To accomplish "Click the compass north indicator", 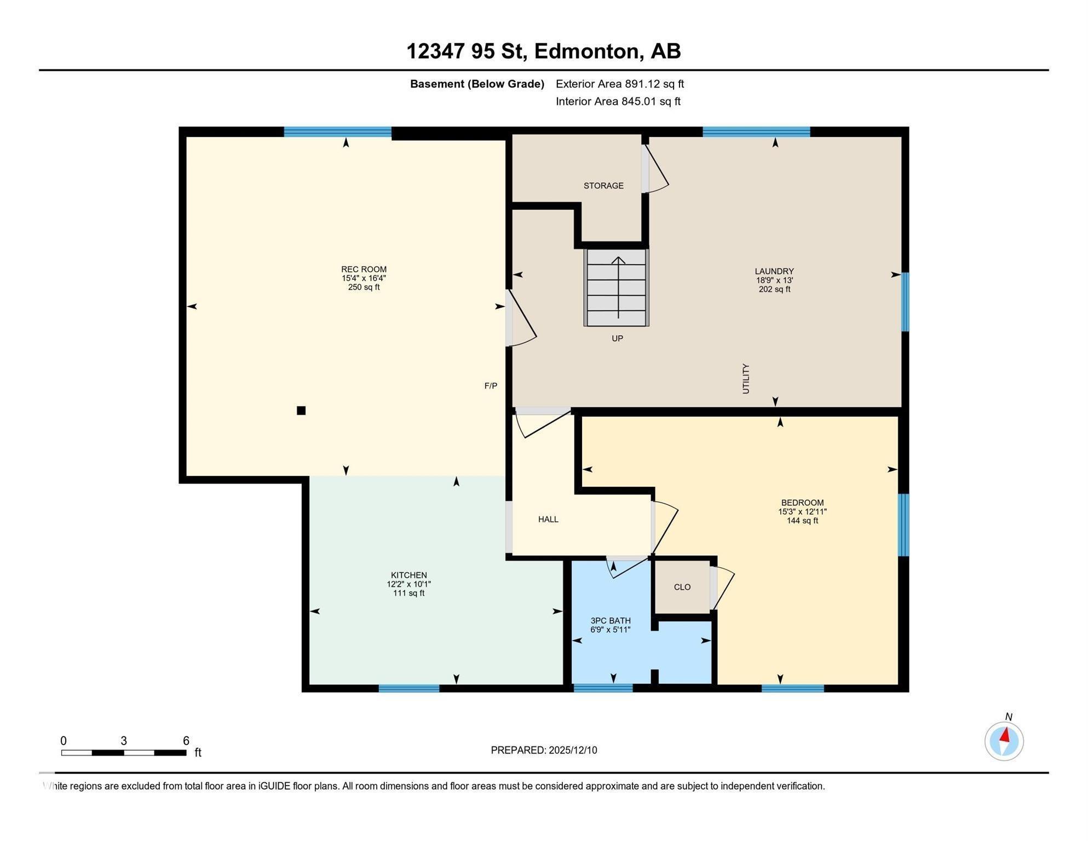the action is click(1004, 741).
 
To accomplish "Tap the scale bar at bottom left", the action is click(124, 753).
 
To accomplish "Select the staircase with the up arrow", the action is click(617, 287).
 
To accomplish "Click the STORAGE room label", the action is click(603, 186).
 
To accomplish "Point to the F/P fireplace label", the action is click(491, 386).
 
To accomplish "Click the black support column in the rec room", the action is click(301, 411).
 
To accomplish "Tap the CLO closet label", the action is click(682, 587).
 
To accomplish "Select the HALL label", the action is click(548, 520).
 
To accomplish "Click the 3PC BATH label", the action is click(611, 621).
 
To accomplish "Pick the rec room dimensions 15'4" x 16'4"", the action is click(364, 278).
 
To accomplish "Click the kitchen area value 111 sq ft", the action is click(409, 593).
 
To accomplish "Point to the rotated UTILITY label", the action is click(745, 379).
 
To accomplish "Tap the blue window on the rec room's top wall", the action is click(337, 131).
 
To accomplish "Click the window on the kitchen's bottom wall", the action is click(409, 688).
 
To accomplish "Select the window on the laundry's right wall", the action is click(905, 302).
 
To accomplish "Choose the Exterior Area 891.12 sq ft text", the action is click(620, 84).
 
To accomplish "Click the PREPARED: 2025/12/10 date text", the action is click(544, 750).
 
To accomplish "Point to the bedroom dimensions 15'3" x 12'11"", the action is click(802, 512).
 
